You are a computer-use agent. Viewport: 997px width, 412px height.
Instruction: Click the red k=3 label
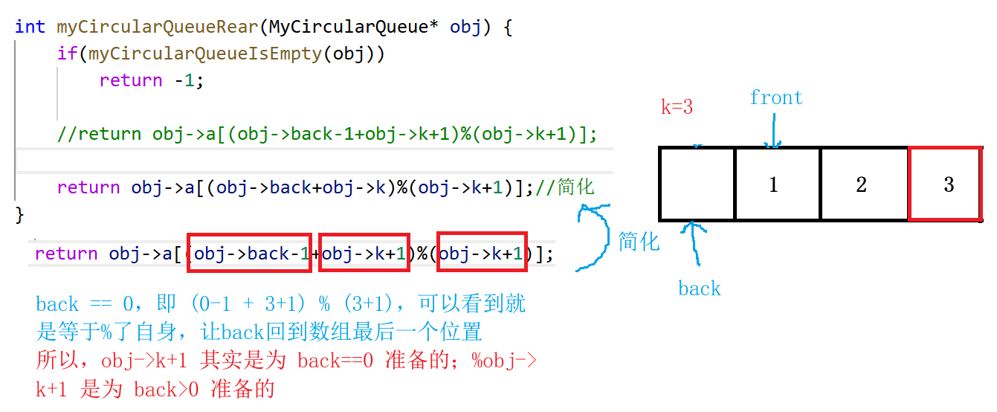coord(677,107)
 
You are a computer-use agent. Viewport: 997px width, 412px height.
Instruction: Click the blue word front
coord(776,97)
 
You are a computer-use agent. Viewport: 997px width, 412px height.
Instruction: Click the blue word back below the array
coord(699,289)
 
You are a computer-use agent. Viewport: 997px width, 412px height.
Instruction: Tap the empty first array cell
coord(697,184)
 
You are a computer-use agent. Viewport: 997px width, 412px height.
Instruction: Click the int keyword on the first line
coord(30,27)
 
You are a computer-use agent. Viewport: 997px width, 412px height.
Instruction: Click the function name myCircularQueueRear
coord(157,27)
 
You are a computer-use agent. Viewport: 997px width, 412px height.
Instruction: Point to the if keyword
coord(67,54)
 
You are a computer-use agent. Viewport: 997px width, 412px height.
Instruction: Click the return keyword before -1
coord(131,80)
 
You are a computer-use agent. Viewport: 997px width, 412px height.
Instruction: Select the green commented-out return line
coord(327,134)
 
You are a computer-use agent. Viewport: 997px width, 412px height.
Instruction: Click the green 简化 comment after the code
coord(575,187)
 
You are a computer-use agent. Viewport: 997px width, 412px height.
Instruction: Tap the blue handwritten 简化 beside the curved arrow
coord(639,241)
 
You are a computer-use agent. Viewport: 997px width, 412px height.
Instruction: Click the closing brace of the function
coord(20,214)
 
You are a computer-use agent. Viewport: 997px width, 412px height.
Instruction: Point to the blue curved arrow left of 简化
coord(595,236)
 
